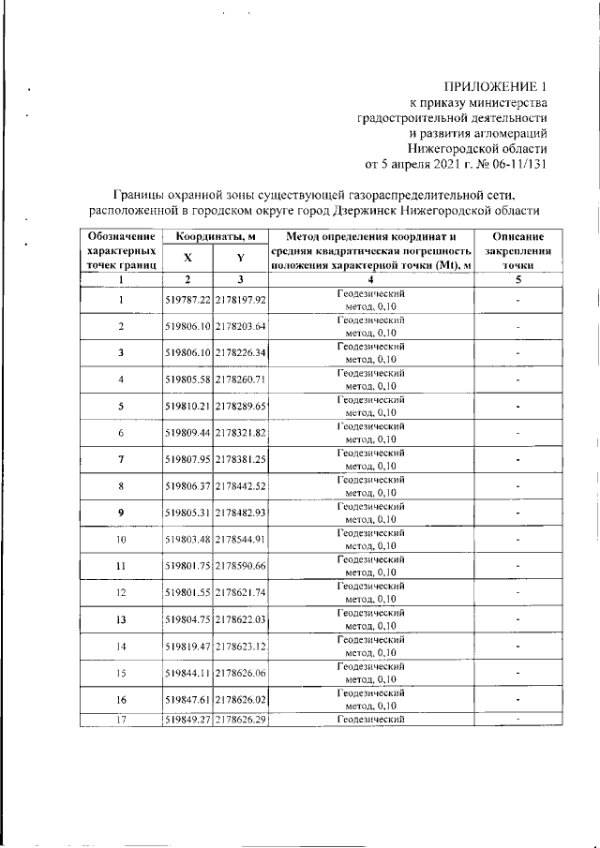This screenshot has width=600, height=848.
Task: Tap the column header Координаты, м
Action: [215, 235]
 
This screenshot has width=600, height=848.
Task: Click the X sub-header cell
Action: [187, 258]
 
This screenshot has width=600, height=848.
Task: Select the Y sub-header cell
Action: [241, 258]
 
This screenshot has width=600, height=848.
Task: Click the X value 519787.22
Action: [187, 299]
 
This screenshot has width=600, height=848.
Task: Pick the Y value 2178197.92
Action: [241, 299]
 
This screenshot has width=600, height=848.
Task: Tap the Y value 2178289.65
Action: [241, 407]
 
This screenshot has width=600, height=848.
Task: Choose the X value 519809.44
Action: [187, 434]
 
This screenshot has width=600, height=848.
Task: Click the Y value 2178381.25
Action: [241, 460]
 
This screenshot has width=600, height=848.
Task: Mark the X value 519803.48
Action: [187, 541]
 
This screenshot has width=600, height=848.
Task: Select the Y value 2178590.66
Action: [241, 567]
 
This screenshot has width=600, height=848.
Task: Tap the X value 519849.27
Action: [187, 720]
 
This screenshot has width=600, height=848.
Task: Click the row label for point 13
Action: [121, 620]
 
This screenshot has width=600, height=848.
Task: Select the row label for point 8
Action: [121, 487]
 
